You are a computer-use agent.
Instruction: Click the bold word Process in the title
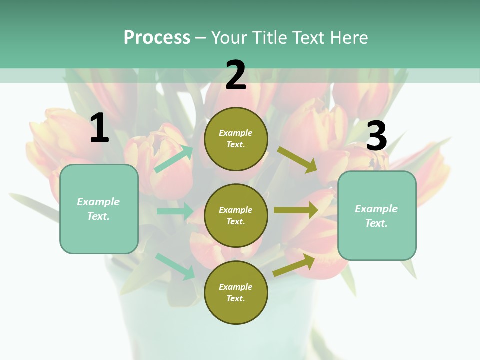157,38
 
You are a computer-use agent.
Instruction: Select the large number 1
99,128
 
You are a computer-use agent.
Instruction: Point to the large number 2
236,75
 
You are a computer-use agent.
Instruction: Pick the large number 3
376,136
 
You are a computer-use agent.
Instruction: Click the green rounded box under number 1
99,209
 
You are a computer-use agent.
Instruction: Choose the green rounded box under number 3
377,215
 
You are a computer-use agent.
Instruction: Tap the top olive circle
236,139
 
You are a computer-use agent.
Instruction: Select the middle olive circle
236,215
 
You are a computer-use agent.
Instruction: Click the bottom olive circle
236,292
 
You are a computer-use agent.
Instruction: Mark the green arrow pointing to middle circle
175,211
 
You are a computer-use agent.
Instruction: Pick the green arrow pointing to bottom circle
175,266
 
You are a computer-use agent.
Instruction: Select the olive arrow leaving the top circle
297,159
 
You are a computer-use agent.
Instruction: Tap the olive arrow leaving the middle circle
296,210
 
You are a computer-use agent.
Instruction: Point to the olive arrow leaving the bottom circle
294,265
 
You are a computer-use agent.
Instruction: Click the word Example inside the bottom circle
236,287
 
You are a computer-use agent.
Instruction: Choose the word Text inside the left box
98,216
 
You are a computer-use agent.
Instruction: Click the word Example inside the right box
376,209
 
